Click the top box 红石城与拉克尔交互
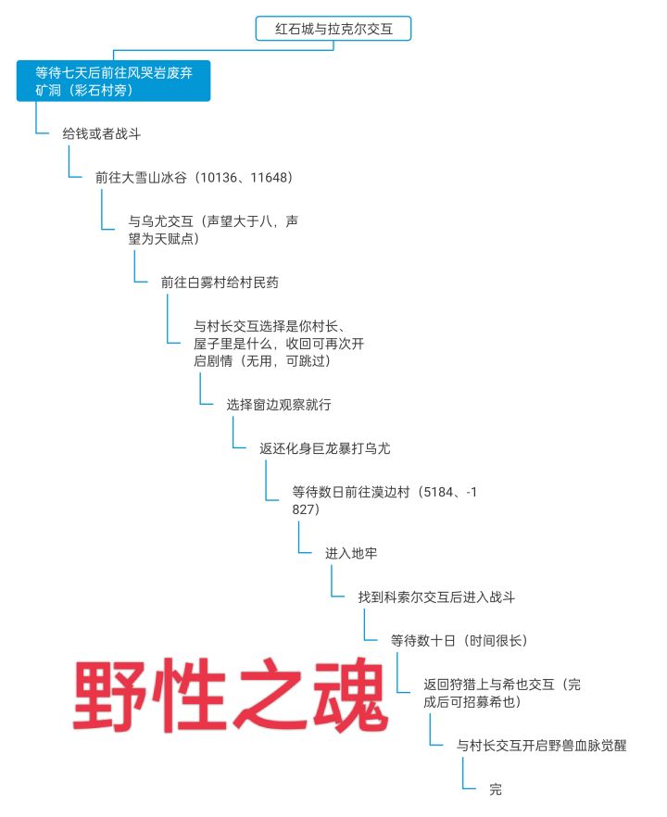(x=333, y=29)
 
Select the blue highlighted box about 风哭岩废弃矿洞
(x=113, y=81)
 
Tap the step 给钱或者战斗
(x=102, y=134)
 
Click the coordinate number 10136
(x=219, y=178)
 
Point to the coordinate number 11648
(x=269, y=178)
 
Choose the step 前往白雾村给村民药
(x=220, y=283)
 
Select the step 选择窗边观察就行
(x=279, y=405)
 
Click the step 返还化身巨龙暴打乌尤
(x=324, y=448)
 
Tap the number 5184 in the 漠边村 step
(x=438, y=493)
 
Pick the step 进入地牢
(x=351, y=553)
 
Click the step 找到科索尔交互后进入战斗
(x=436, y=597)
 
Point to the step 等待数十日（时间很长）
(x=459, y=641)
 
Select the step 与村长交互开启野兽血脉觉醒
(x=541, y=746)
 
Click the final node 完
(x=496, y=789)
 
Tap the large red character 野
(x=110, y=695)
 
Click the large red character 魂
(x=350, y=695)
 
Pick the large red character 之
(x=270, y=695)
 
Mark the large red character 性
(x=190, y=695)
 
